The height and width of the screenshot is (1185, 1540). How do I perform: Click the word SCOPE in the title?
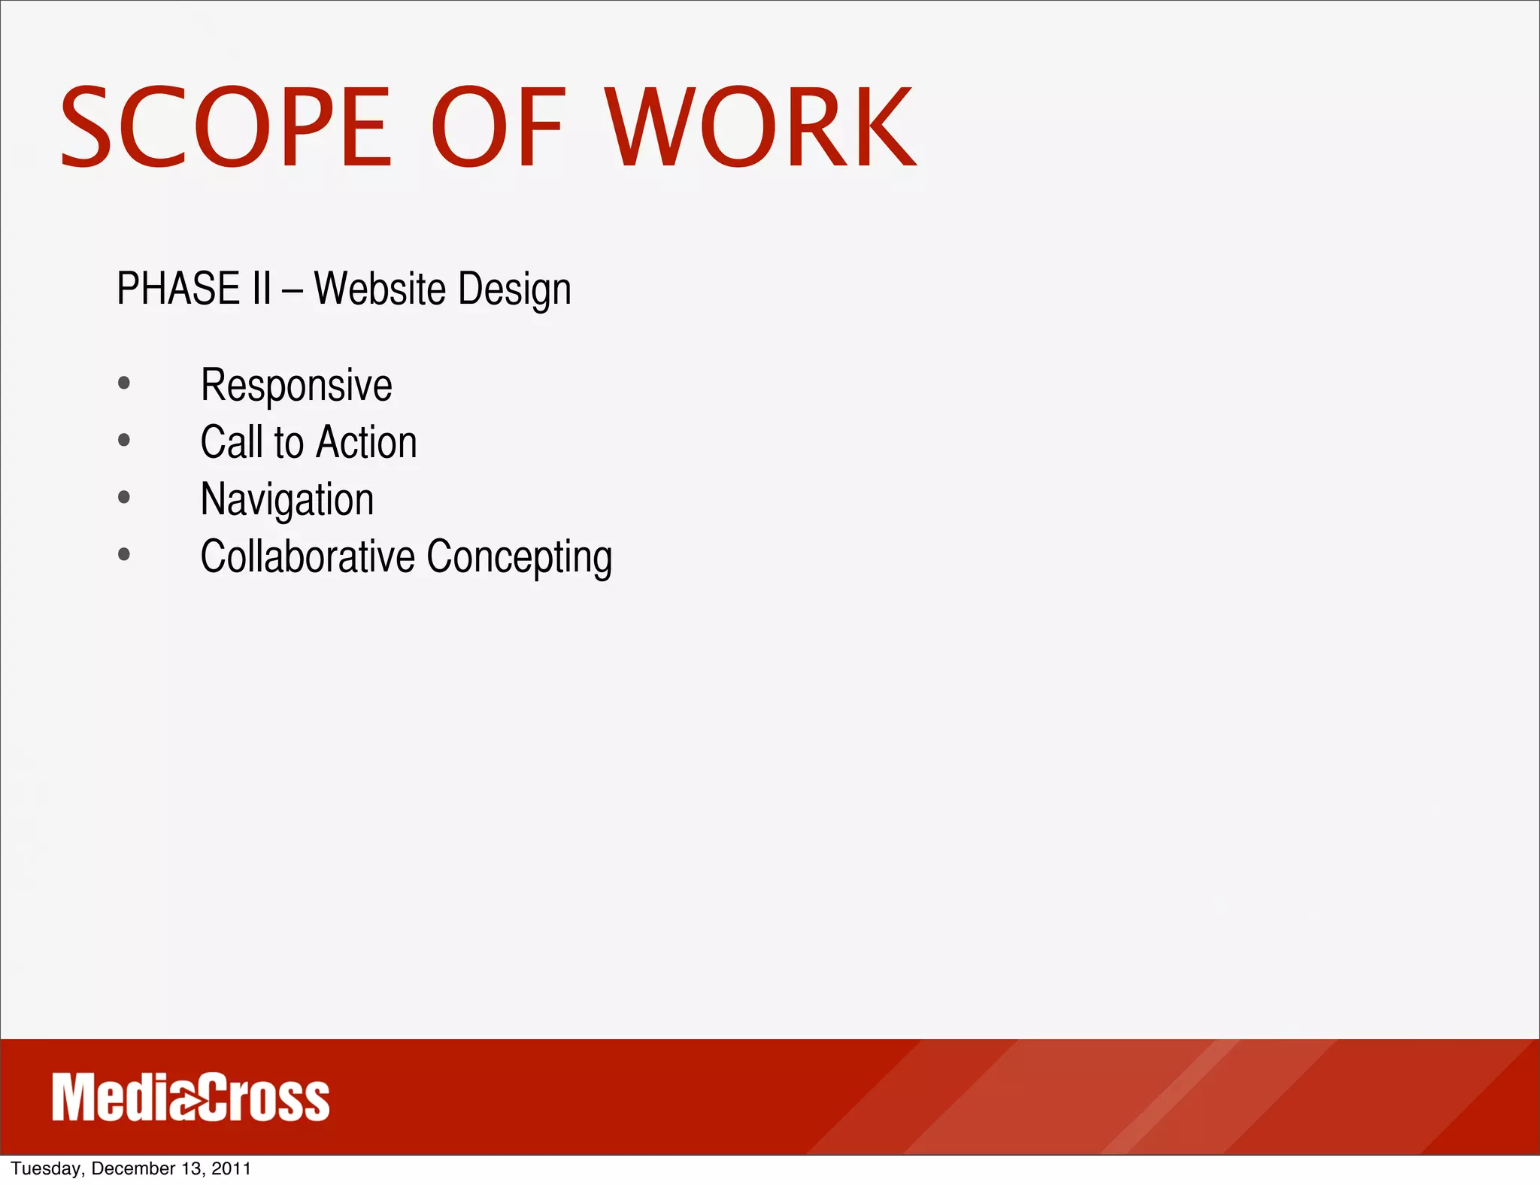pos(226,127)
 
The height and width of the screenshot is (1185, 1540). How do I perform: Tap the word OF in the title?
pos(497,127)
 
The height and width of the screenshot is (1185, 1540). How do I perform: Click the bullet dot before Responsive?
pos(124,383)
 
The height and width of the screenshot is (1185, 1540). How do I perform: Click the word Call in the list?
pos(232,442)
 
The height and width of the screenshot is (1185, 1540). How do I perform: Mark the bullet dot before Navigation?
pos(124,497)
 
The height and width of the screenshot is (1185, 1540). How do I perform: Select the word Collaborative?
pos(308,556)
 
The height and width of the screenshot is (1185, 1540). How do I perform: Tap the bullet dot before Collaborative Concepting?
pos(124,555)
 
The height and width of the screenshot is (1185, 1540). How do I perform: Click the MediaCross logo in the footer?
pos(191,1098)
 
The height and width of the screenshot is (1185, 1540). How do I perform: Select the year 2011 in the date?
pos(231,1168)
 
